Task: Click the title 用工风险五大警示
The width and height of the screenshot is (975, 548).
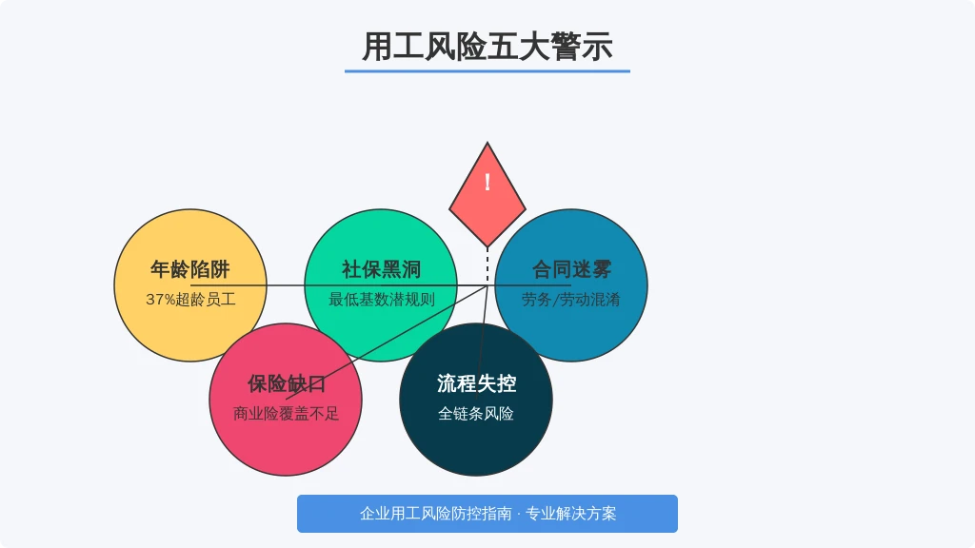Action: [487, 47]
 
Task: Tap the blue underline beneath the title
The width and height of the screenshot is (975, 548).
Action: [487, 71]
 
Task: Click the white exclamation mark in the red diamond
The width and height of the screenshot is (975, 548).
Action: [487, 182]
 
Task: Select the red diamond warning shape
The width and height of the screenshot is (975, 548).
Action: [487, 194]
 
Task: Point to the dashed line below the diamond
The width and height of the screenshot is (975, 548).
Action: [487, 266]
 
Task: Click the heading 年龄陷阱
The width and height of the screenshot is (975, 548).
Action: [190, 269]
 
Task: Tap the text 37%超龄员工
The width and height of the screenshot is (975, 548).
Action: [190, 300]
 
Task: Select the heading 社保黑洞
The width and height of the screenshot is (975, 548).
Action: [381, 269]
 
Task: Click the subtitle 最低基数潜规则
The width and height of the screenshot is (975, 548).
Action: [381, 300]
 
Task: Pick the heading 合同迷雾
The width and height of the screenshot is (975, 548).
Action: [571, 269]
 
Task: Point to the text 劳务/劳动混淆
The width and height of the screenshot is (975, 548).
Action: [571, 300]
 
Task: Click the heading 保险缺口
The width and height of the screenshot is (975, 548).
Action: [286, 383]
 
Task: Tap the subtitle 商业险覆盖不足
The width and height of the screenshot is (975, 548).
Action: [286, 414]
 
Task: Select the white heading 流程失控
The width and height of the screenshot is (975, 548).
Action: [476, 383]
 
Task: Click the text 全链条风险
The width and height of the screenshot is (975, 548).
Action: [476, 414]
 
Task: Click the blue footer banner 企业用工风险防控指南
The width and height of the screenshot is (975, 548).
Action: [487, 514]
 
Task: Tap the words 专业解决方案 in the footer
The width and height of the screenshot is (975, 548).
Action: [571, 514]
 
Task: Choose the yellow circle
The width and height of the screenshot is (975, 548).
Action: [190, 285]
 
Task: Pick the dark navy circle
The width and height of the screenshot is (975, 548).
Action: [476, 400]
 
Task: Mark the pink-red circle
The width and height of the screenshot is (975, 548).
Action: [286, 400]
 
